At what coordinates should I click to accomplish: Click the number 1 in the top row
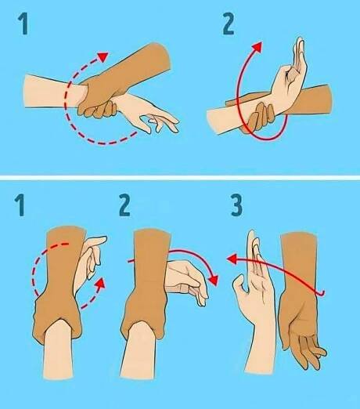coord(23,24)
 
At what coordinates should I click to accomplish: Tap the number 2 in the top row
coord(229,24)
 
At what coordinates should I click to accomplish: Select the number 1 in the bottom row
coord(20,205)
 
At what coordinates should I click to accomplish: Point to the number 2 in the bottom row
coord(124,205)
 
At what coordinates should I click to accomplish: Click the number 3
coord(236,205)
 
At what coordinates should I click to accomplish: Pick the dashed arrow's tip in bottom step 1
coord(101,283)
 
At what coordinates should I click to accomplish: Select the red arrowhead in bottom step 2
coord(214,280)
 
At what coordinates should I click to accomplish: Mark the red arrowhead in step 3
coord(231,259)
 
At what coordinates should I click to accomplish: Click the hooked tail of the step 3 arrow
coord(322,294)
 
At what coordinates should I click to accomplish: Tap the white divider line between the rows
coord(180,178)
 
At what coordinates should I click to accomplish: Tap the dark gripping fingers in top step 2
coord(261,118)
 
